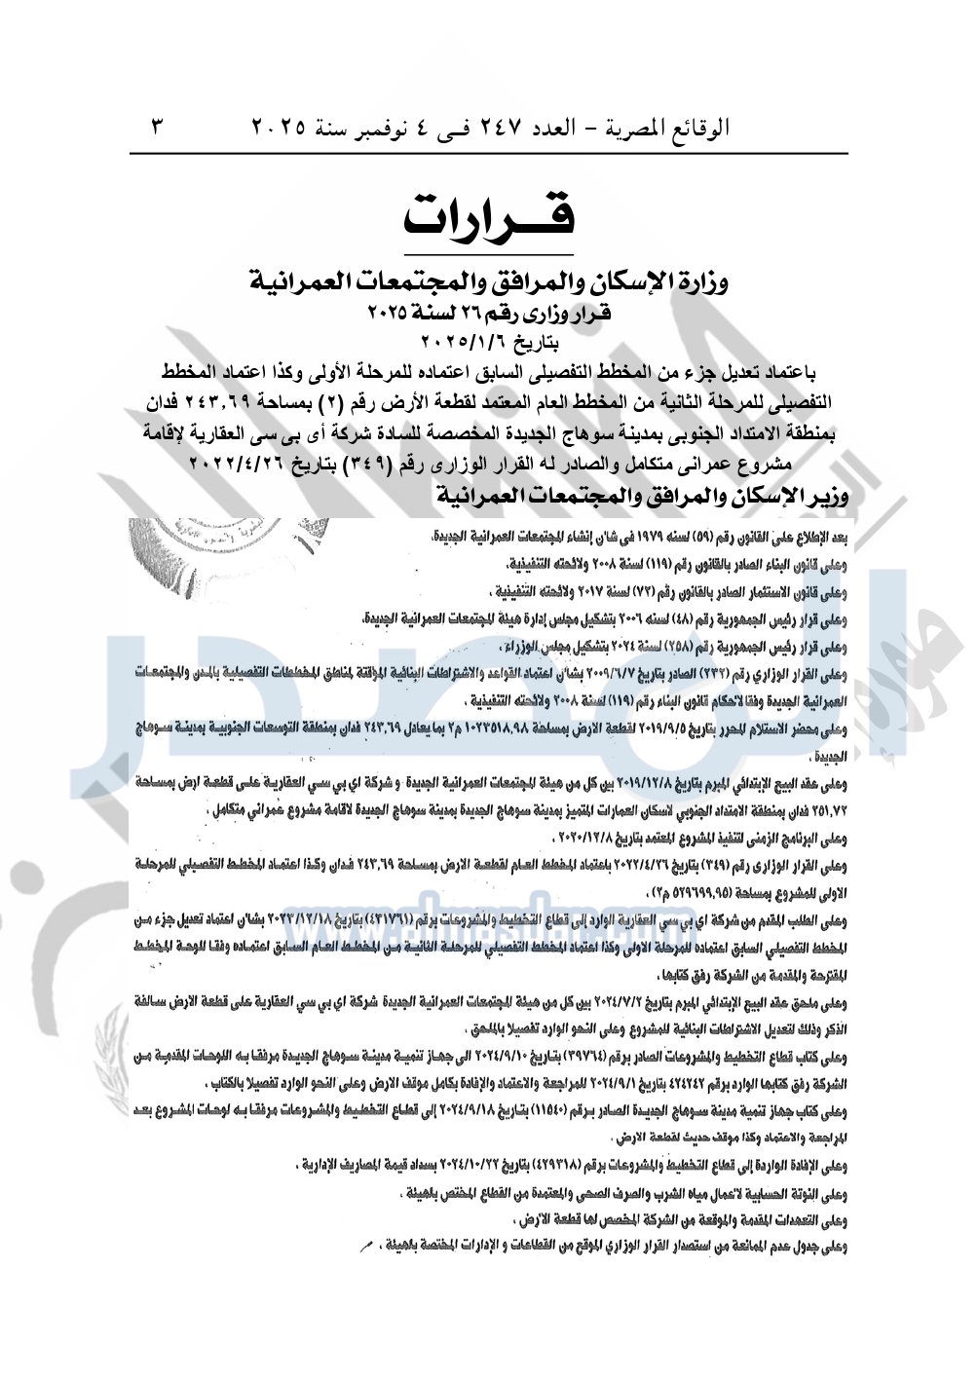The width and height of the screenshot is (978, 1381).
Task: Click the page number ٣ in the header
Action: (158, 127)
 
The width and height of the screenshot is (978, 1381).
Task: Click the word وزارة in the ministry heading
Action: (700, 282)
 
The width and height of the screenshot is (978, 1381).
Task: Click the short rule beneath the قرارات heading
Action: (489, 255)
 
